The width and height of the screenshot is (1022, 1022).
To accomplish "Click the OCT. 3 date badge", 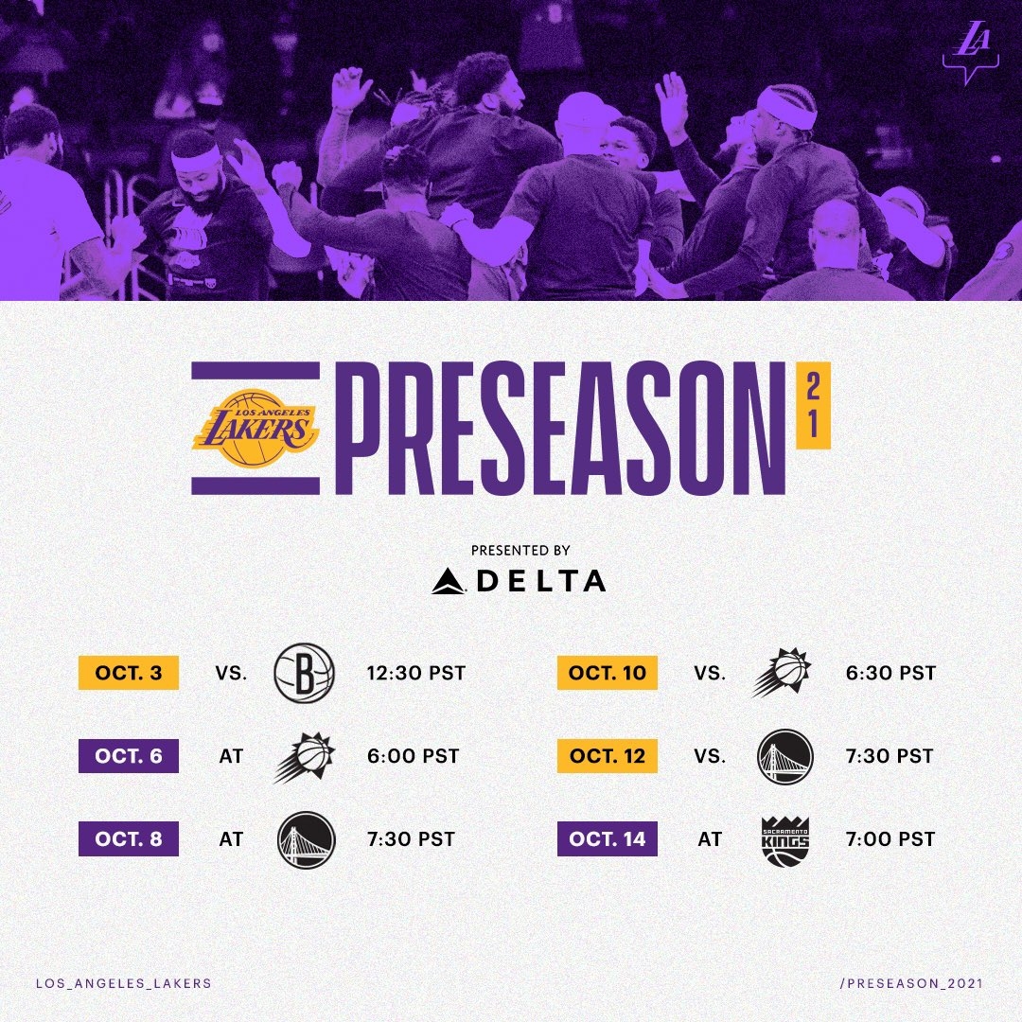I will [128, 674].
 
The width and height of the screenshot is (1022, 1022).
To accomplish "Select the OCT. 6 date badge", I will [128, 756].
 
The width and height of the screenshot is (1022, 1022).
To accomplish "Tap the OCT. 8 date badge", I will [128, 838].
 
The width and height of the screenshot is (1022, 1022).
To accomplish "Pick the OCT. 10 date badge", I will [607, 674].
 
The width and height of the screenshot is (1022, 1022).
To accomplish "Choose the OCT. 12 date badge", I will [607, 756].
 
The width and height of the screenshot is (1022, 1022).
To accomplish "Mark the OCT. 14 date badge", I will [607, 838].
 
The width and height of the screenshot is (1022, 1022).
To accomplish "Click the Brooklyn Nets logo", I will [304, 674].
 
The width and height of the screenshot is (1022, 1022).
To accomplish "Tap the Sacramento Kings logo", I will [785, 839].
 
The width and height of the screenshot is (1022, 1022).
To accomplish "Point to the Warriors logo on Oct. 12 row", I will [785, 756].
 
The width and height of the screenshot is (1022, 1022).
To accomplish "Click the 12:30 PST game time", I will [416, 675].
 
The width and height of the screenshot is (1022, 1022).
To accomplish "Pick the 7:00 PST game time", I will [890, 839].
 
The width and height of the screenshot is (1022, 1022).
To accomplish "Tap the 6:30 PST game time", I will [890, 674].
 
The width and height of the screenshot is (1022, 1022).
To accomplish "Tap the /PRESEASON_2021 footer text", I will [911, 983].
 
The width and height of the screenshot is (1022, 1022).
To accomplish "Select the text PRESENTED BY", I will [520, 550].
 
